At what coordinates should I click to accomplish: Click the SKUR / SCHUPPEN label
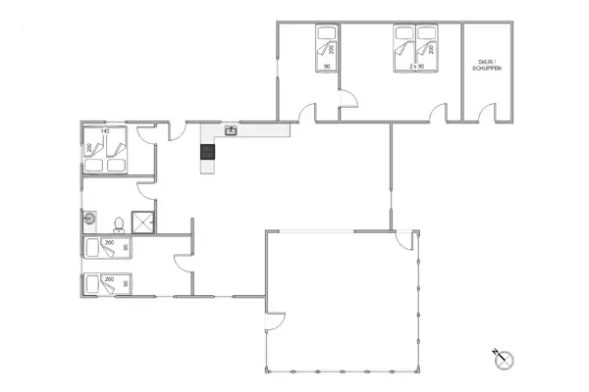tap(487, 65)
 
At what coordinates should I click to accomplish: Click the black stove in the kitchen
tap(207, 151)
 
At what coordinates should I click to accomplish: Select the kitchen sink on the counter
tap(232, 129)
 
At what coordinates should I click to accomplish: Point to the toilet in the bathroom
tap(119, 221)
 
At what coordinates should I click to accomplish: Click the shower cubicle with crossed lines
tap(144, 221)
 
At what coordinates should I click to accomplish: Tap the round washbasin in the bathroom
tap(89, 220)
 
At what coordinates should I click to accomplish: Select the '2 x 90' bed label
tap(415, 66)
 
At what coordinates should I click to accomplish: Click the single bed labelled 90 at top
tap(325, 45)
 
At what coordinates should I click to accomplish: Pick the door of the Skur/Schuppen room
tap(480, 112)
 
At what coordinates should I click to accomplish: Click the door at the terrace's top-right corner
tap(402, 240)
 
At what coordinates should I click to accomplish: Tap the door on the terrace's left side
tap(274, 320)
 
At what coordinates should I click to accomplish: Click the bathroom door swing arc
tap(146, 188)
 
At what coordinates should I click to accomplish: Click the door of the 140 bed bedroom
tap(147, 133)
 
